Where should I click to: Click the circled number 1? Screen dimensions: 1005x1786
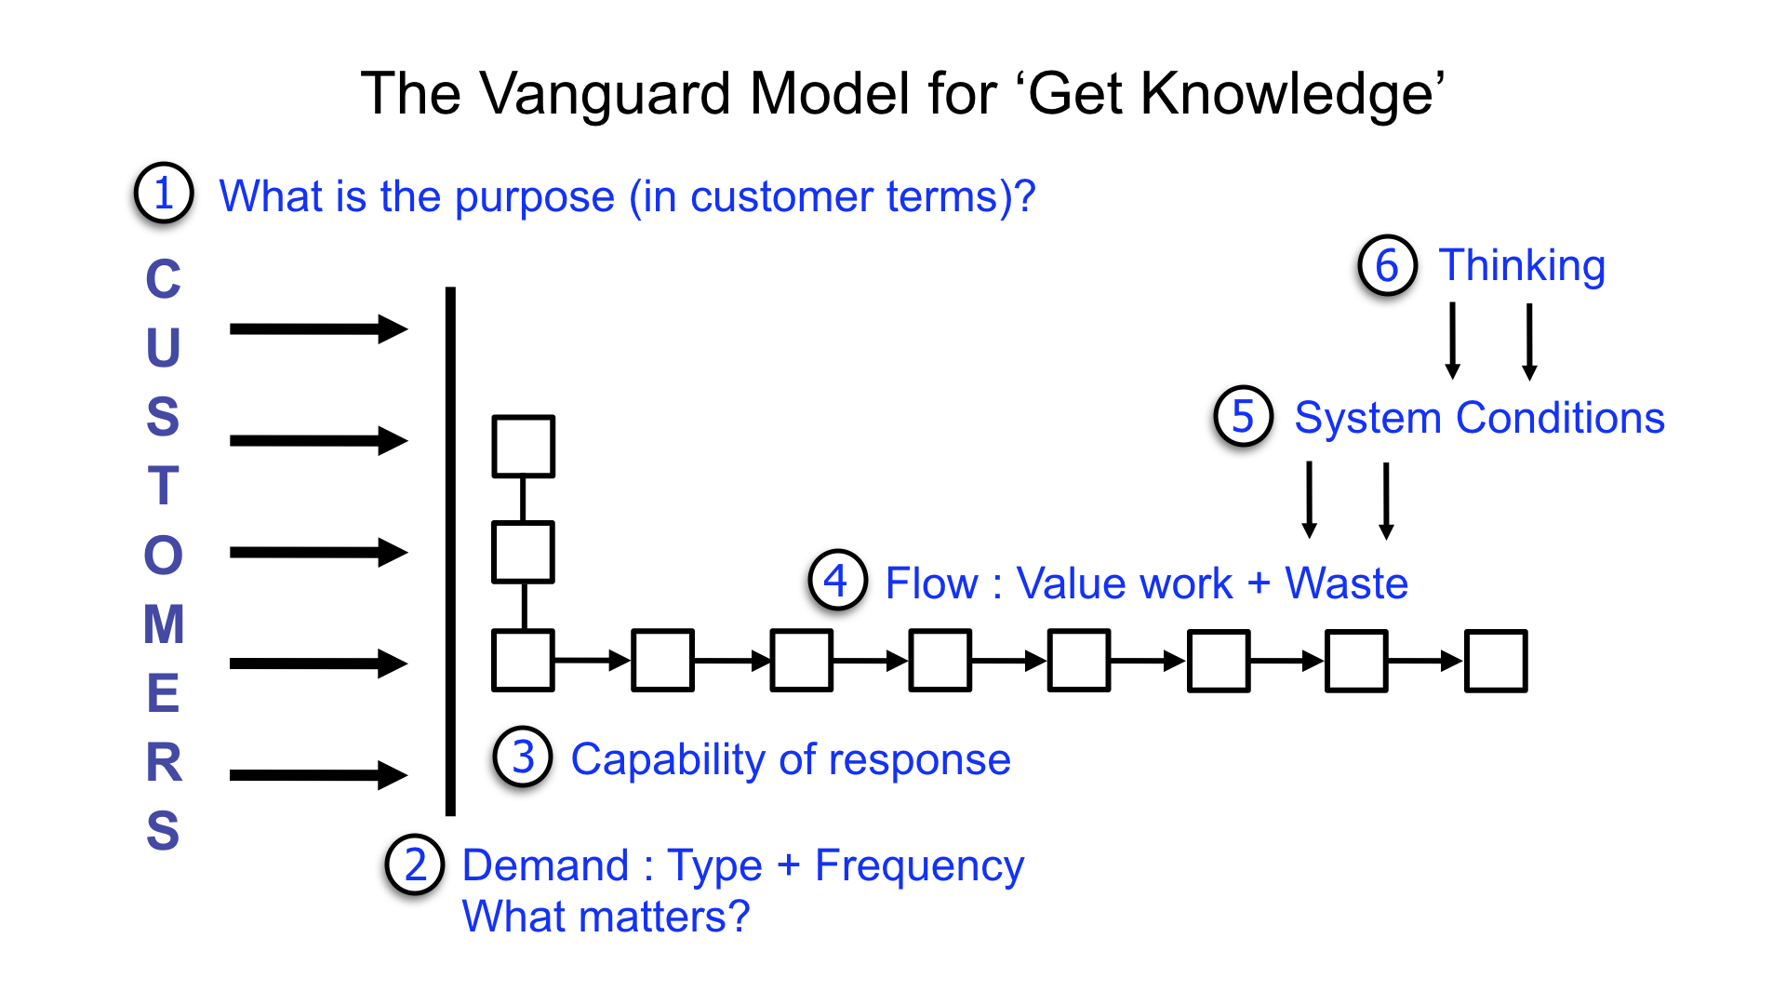tap(164, 194)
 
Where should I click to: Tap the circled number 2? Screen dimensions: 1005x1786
tap(415, 864)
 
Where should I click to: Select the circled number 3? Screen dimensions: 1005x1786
tap(523, 757)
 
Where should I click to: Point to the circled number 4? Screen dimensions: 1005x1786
tap(837, 580)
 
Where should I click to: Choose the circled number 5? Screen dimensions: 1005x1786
tap(1243, 416)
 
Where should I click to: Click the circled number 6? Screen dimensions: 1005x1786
tap(1387, 265)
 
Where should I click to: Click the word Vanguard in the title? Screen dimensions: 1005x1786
tap(605, 94)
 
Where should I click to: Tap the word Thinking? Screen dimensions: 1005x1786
tap(1522, 266)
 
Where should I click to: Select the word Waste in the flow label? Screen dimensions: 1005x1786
tap(1346, 583)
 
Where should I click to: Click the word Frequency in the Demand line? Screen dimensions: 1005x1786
tap(919, 866)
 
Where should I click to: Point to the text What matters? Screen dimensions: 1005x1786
tap(606, 917)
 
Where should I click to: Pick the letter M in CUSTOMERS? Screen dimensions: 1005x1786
tap(164, 624)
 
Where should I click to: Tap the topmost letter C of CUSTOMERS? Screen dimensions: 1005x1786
tap(164, 279)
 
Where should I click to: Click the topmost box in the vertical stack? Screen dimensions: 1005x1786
tap(524, 447)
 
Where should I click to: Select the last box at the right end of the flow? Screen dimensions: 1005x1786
tap(1496, 661)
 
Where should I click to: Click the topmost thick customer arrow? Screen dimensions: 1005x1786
tap(316, 328)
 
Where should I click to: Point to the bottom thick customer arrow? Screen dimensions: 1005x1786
tap(316, 774)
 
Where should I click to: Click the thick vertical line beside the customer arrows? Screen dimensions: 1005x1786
tap(451, 549)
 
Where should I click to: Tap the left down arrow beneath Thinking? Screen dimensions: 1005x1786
tap(1452, 340)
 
